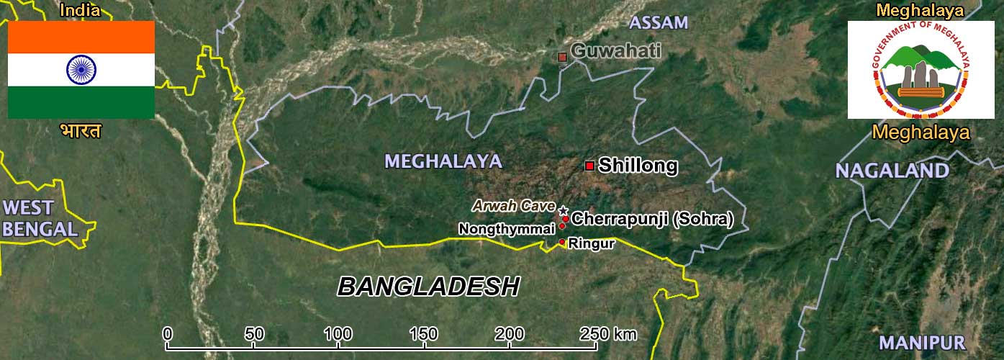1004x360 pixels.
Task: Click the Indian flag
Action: [81, 69]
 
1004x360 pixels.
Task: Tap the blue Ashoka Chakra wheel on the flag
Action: [81, 69]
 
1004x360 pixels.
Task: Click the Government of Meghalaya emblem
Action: [921, 69]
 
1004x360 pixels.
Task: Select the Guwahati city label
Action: [615, 51]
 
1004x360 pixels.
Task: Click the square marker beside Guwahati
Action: [563, 56]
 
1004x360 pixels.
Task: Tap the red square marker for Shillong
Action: [589, 166]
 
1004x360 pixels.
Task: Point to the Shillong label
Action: [638, 166]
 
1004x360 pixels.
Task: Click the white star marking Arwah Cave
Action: [563, 210]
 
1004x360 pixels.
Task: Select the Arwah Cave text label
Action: [513, 206]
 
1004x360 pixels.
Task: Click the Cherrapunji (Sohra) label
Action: [652, 219]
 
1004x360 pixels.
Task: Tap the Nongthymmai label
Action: [507, 229]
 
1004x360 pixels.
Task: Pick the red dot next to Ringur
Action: [562, 242]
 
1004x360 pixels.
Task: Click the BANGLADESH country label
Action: [428, 287]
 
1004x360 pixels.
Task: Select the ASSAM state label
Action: [658, 22]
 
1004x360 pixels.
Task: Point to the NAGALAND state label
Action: [892, 171]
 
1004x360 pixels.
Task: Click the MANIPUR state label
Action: [921, 343]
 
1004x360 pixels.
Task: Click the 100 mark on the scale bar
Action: [338, 334]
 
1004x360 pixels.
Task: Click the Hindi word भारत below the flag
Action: [81, 131]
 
